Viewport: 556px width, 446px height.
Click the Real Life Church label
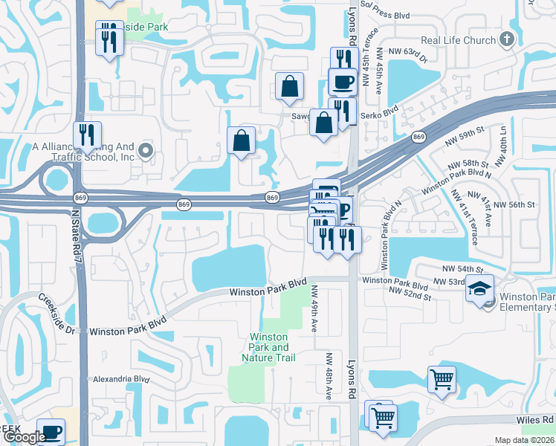coord(458,40)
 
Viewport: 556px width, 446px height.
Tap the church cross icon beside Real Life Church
coord(507,39)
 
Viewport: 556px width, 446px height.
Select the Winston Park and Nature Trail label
coord(269,347)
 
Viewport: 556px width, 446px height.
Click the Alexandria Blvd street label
coord(119,378)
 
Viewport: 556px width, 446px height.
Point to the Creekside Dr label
coord(56,313)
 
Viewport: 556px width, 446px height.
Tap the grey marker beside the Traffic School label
coord(146,152)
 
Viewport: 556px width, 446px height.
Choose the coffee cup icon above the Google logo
coord(51,430)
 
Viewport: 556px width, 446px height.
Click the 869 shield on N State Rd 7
coord(81,197)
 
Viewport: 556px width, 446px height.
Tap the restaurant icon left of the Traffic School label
coord(89,135)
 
